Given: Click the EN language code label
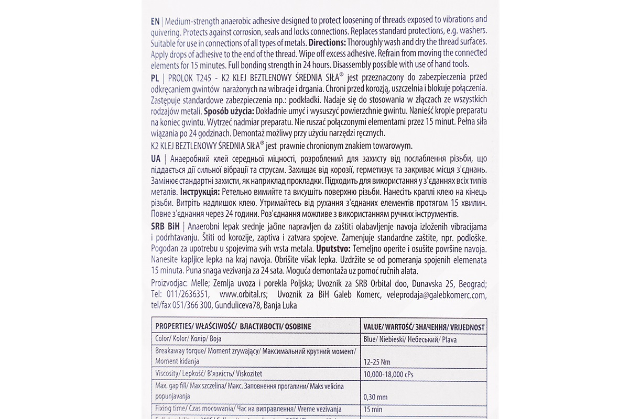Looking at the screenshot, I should (155, 20).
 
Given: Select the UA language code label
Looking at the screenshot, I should (156, 159).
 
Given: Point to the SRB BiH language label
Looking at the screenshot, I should (165, 226).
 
